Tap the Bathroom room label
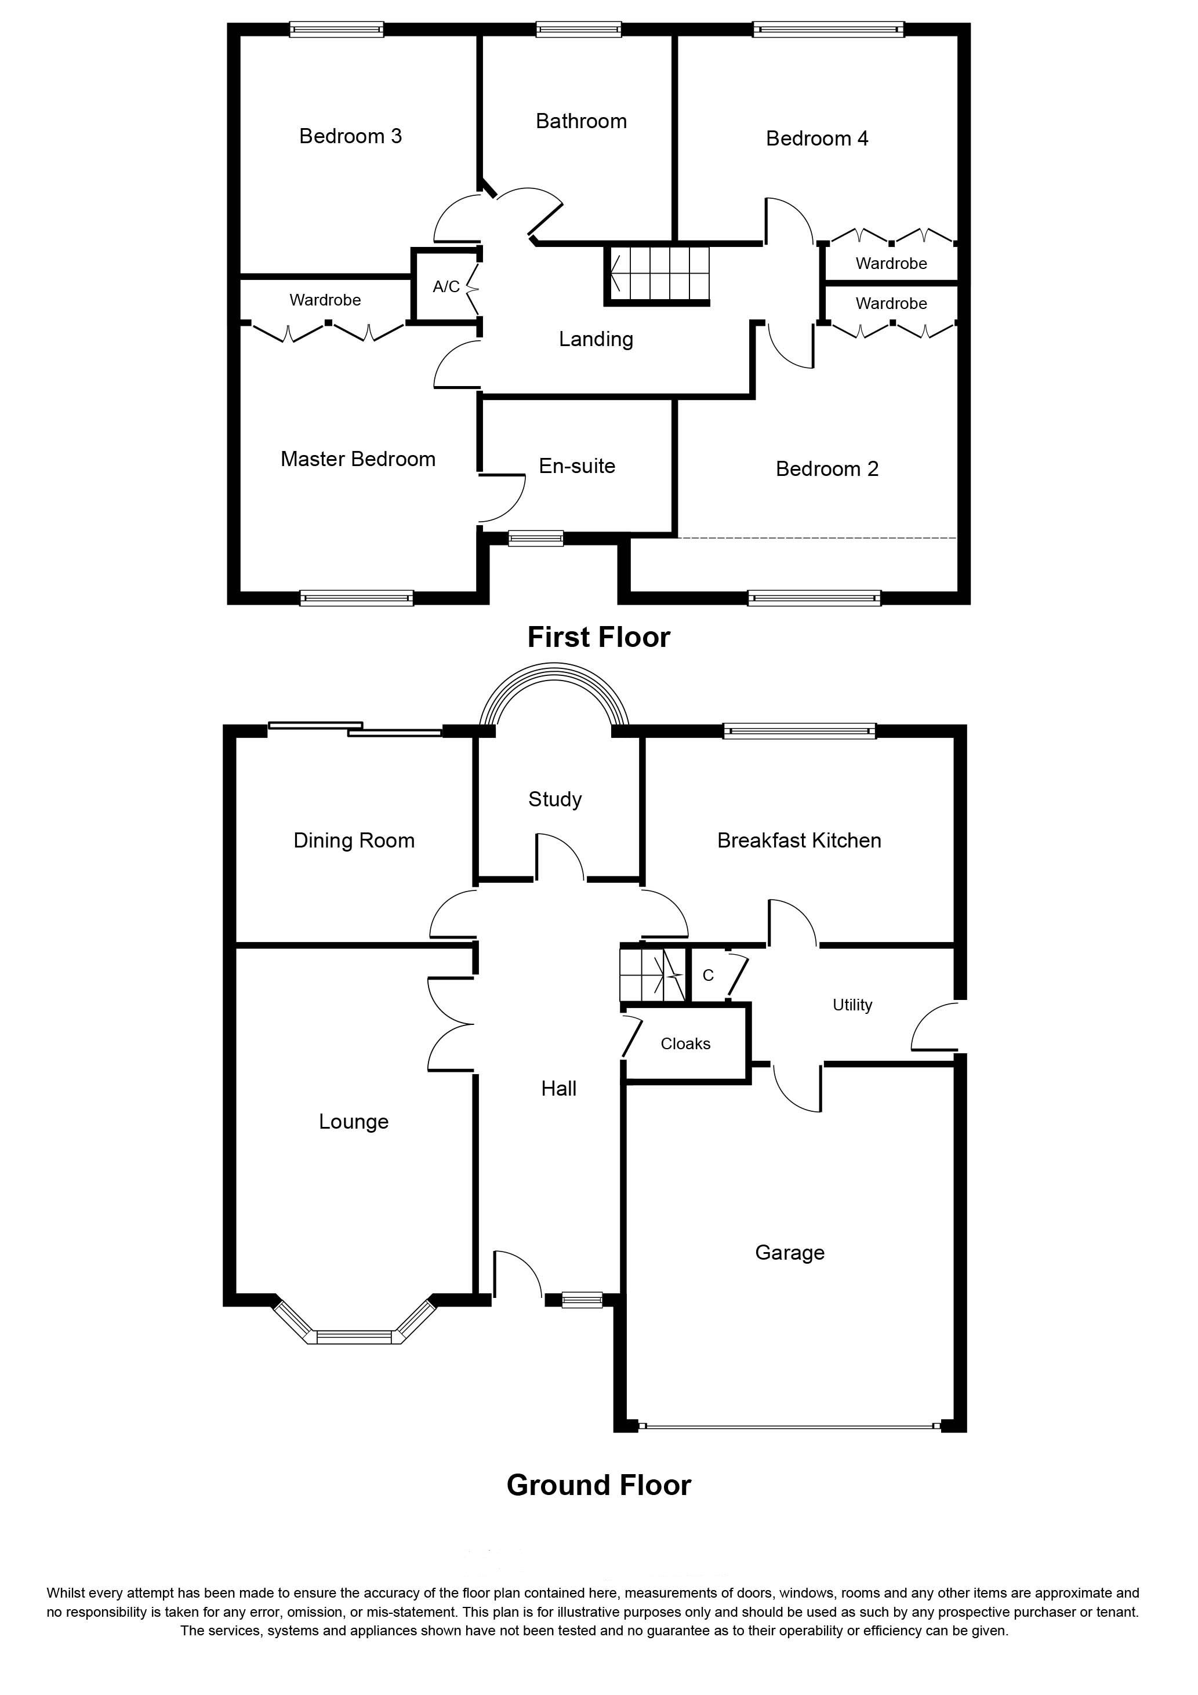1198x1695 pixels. (x=581, y=121)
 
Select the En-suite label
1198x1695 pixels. (x=577, y=466)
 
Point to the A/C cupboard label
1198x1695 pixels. (x=446, y=286)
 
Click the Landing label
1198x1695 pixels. (x=596, y=339)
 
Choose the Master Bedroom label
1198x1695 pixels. (x=358, y=459)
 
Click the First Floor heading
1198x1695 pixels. (x=599, y=637)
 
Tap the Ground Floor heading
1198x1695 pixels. (x=599, y=1485)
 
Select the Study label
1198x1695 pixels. (x=555, y=799)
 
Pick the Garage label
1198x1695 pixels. (x=790, y=1252)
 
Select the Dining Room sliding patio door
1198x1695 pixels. (x=355, y=729)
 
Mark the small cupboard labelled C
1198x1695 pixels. (x=707, y=975)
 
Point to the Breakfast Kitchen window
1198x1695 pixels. (x=799, y=731)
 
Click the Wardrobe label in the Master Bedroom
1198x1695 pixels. (x=325, y=300)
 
